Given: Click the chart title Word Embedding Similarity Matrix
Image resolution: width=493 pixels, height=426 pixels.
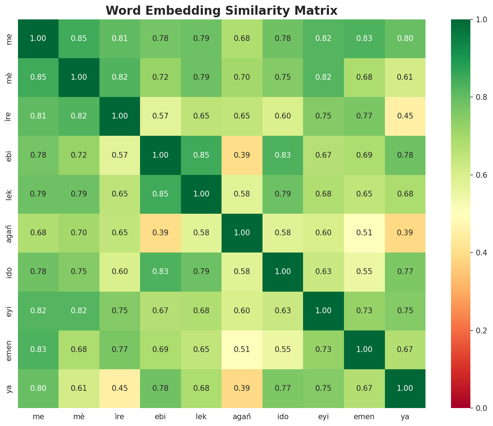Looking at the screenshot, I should tap(222, 11).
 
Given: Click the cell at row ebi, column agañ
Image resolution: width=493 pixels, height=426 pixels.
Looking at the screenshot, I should tap(242, 155).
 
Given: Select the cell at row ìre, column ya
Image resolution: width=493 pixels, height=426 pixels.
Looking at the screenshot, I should tap(405, 116).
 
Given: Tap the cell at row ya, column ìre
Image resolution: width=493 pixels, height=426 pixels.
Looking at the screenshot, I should tap(120, 388).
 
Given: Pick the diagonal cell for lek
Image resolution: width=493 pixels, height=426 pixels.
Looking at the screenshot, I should tap(201, 194).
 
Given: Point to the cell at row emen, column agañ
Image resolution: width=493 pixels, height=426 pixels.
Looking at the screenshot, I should tap(242, 349).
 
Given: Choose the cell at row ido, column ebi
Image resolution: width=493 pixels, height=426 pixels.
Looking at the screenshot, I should tap(161, 272).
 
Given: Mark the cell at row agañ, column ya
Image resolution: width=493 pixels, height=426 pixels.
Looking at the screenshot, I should tap(405, 233).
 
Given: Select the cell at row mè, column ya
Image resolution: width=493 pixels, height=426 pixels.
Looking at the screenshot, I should tap(405, 77).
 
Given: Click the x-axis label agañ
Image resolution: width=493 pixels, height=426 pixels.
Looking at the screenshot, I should tap(242, 417).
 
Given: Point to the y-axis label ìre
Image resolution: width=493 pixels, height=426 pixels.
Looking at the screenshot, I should tap(10, 116).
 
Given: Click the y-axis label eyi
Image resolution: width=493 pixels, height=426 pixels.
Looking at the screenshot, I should tap(10, 311).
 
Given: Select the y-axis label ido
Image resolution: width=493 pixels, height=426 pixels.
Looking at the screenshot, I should tap(10, 272).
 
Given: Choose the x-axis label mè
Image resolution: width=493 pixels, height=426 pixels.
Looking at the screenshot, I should tap(79, 417).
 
